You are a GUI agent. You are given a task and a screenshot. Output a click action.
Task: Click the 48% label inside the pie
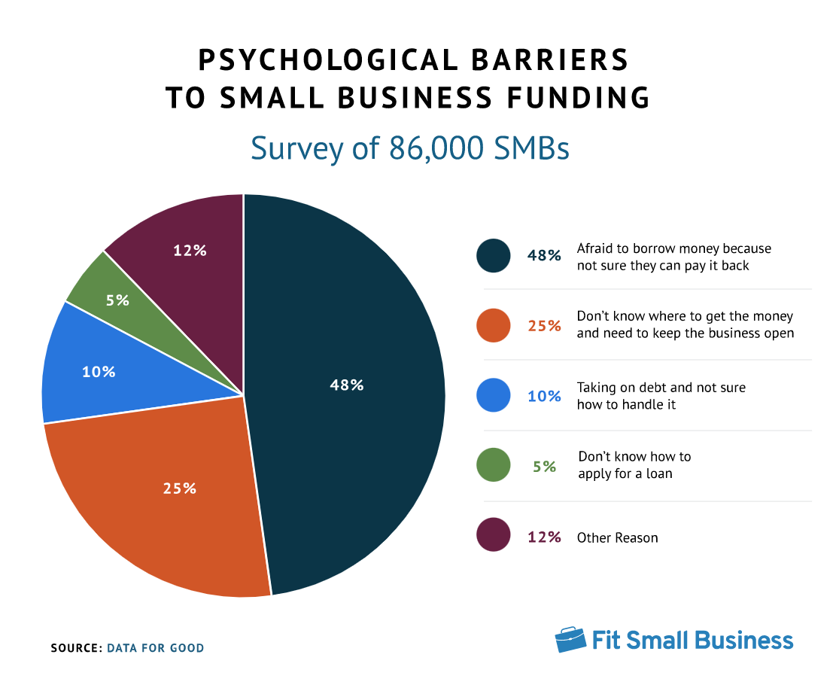(x=346, y=385)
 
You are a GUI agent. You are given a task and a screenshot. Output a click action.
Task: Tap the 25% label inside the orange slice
(x=179, y=488)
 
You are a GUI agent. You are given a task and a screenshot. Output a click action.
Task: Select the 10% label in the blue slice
(x=99, y=371)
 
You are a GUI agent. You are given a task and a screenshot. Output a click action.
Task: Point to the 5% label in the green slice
(x=117, y=300)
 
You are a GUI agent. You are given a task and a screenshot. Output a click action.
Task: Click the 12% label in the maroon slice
(x=190, y=251)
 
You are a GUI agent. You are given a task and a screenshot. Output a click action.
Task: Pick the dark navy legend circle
(x=494, y=255)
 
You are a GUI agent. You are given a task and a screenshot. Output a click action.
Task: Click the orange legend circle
(x=494, y=325)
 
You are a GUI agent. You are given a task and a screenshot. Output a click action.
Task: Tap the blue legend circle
(x=494, y=395)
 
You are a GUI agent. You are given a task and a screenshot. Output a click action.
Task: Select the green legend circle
(x=494, y=465)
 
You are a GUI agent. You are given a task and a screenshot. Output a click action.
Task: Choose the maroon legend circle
(x=494, y=536)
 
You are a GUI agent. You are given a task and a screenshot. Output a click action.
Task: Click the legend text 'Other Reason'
(x=617, y=537)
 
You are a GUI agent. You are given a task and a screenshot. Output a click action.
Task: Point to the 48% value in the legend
(x=544, y=256)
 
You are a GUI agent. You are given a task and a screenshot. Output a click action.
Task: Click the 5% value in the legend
(x=544, y=466)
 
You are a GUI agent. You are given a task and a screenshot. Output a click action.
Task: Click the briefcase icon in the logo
(x=570, y=639)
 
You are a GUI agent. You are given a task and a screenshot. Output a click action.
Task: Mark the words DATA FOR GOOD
(x=155, y=647)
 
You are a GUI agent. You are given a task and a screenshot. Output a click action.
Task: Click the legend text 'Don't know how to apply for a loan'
(x=634, y=465)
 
